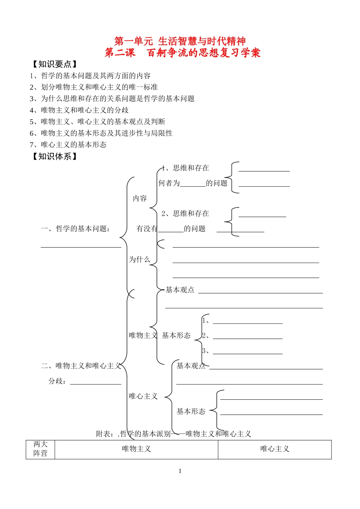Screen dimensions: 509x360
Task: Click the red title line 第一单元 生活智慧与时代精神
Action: tap(180, 41)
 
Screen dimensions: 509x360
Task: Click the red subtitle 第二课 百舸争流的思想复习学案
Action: tap(183, 52)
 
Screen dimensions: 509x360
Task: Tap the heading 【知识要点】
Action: tap(55, 64)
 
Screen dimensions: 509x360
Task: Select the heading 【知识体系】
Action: tap(55, 156)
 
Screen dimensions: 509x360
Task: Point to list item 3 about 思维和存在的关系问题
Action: tap(112, 99)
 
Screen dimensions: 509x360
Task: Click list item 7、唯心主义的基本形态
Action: tap(68, 145)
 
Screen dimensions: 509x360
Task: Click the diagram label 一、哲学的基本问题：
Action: tap(76, 229)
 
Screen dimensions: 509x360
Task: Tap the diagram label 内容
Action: tap(139, 198)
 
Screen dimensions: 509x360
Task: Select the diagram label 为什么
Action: tap(139, 259)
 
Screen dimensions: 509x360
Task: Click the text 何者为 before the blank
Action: tap(169, 183)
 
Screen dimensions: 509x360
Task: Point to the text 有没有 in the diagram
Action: tap(147, 229)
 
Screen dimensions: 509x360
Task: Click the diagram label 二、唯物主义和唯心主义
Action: tap(81, 366)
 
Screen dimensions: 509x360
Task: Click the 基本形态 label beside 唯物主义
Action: tap(176, 335)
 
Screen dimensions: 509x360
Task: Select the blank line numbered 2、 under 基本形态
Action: tap(247, 336)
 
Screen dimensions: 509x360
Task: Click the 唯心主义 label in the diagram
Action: tap(143, 396)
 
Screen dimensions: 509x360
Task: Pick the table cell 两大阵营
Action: tap(41, 449)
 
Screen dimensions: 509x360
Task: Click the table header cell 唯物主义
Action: tap(136, 449)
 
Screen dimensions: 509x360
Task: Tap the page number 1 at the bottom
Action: tap(180, 471)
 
